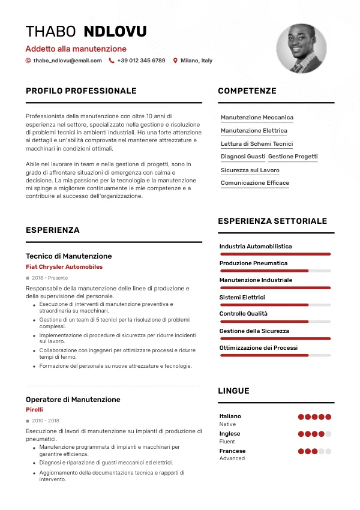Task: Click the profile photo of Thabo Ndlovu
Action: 301,49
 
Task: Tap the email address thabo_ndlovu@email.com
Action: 67,61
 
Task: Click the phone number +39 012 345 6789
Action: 141,61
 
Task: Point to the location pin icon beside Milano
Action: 175,61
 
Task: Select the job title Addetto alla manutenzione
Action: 76,49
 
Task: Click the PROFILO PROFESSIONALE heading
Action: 81,91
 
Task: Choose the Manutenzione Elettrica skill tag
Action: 254,131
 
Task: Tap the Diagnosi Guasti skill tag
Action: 243,157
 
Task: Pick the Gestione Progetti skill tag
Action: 293,157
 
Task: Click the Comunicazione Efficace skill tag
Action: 255,183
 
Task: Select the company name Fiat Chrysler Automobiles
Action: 64,267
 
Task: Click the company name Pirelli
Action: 34,410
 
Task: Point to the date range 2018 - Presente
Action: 50,278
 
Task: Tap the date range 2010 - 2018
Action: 46,421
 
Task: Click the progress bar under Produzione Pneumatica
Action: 275,271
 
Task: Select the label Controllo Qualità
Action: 244,314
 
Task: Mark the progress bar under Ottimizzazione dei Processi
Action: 275,356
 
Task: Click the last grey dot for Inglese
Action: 328,434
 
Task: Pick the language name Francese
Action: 232,451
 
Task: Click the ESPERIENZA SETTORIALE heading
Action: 272,221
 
